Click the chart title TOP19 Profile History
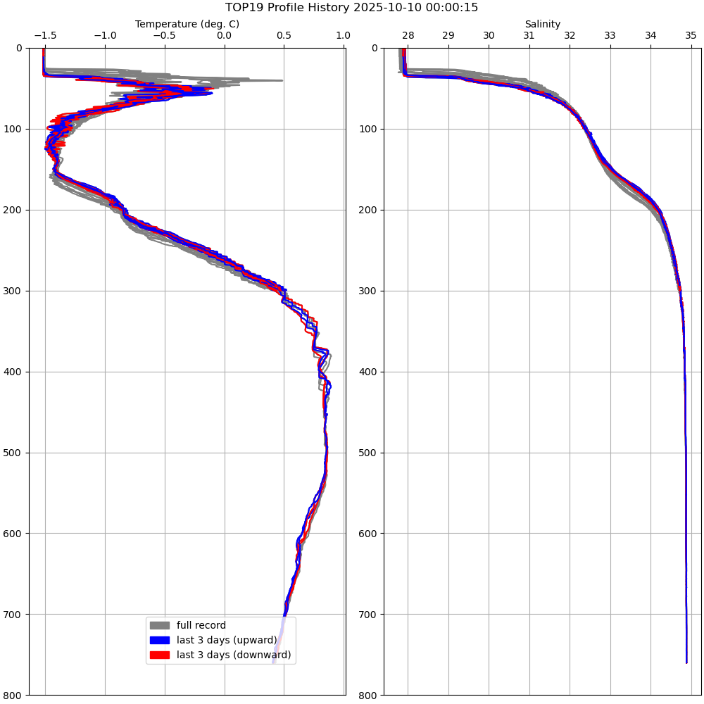pos(351,8)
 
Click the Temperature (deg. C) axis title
pos(187,24)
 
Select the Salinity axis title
pos(542,24)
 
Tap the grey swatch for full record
pos(160,625)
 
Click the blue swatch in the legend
pos(160,640)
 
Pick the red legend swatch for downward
pos(160,655)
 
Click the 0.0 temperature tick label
pos(225,34)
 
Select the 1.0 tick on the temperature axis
pos(343,34)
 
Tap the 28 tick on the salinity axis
pos(408,34)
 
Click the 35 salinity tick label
pos(691,34)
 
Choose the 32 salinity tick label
pos(570,34)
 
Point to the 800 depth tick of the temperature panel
pos(14,695)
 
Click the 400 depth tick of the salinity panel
pos(370,372)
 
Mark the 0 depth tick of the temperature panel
pos(19,48)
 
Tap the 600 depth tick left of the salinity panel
pos(370,533)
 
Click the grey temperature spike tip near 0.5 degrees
pos(282,80)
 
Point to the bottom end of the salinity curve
pos(686,662)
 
